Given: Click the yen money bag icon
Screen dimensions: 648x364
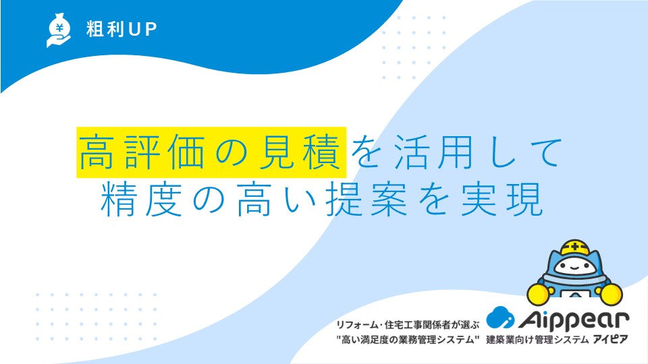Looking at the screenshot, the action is coord(58,30).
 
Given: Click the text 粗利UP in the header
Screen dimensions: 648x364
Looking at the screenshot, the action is coord(122,29).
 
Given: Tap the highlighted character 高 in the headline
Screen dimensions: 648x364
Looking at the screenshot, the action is coord(96,152).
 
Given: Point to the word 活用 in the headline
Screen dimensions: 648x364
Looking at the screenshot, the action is coord(433,152).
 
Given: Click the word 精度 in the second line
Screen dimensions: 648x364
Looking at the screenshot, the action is coord(142,200).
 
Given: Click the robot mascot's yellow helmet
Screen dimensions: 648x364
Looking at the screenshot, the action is coord(575,247).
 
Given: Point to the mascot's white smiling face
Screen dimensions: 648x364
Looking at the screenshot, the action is coord(575,267).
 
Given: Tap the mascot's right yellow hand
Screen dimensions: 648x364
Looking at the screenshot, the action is coord(611,295).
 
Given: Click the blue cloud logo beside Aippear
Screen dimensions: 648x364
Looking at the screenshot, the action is coord(500,317).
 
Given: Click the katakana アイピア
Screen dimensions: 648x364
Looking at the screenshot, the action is coord(610,340).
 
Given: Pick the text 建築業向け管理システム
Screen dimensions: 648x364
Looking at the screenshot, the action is coord(538,340).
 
